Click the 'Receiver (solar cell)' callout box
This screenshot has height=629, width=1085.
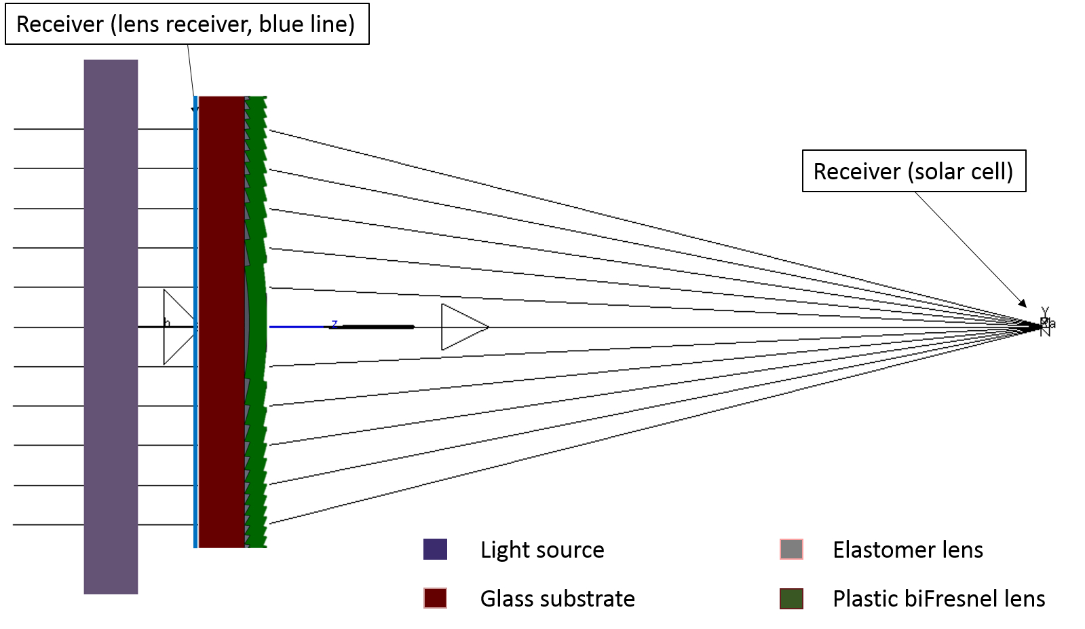pos(913,171)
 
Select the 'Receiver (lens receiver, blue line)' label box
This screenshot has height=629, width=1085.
pos(187,24)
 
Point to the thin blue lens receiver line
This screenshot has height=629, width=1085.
pos(195,408)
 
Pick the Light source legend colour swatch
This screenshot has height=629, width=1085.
pos(435,549)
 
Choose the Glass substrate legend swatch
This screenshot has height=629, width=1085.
pos(435,598)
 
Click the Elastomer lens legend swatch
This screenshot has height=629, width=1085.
pos(791,549)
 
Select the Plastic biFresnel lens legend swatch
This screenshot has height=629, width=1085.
pos(791,598)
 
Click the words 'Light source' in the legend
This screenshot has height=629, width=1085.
pos(541,550)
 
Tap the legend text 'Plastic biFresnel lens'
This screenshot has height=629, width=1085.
pos(938,598)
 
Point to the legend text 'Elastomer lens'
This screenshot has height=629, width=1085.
pos(907,550)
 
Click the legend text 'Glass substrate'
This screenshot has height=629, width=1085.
pos(557,598)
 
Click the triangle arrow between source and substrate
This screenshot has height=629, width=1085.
pos(176,327)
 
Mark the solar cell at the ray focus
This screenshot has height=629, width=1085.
pos(1045,325)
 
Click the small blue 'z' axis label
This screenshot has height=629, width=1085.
pos(334,323)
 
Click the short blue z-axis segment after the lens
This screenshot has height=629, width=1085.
pos(299,327)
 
